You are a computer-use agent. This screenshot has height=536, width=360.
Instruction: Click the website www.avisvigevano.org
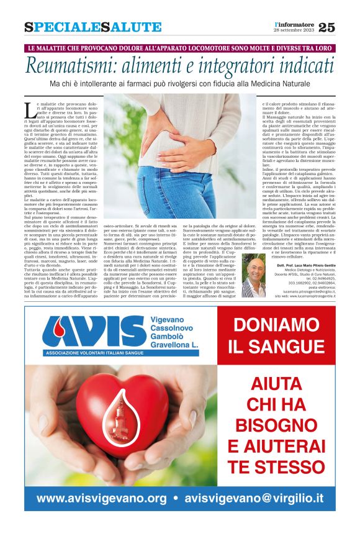coord(102,498)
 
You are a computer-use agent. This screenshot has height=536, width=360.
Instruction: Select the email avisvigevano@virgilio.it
coord(254,498)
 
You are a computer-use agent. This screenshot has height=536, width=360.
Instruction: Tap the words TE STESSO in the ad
coord(276,464)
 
